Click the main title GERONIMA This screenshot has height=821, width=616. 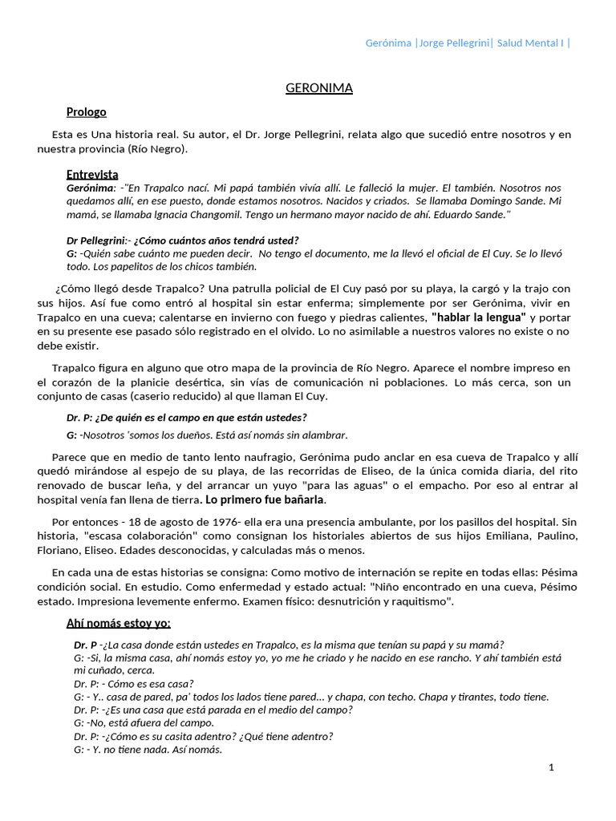318,88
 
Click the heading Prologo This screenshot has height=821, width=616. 86,112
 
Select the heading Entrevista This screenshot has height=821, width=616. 92,174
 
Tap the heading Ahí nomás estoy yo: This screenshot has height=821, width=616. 118,624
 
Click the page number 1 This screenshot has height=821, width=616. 551,767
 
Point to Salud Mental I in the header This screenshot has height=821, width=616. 530,42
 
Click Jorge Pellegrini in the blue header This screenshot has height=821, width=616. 454,42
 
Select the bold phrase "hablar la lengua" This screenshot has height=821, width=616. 478,317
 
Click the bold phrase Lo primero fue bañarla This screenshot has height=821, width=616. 265,499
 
